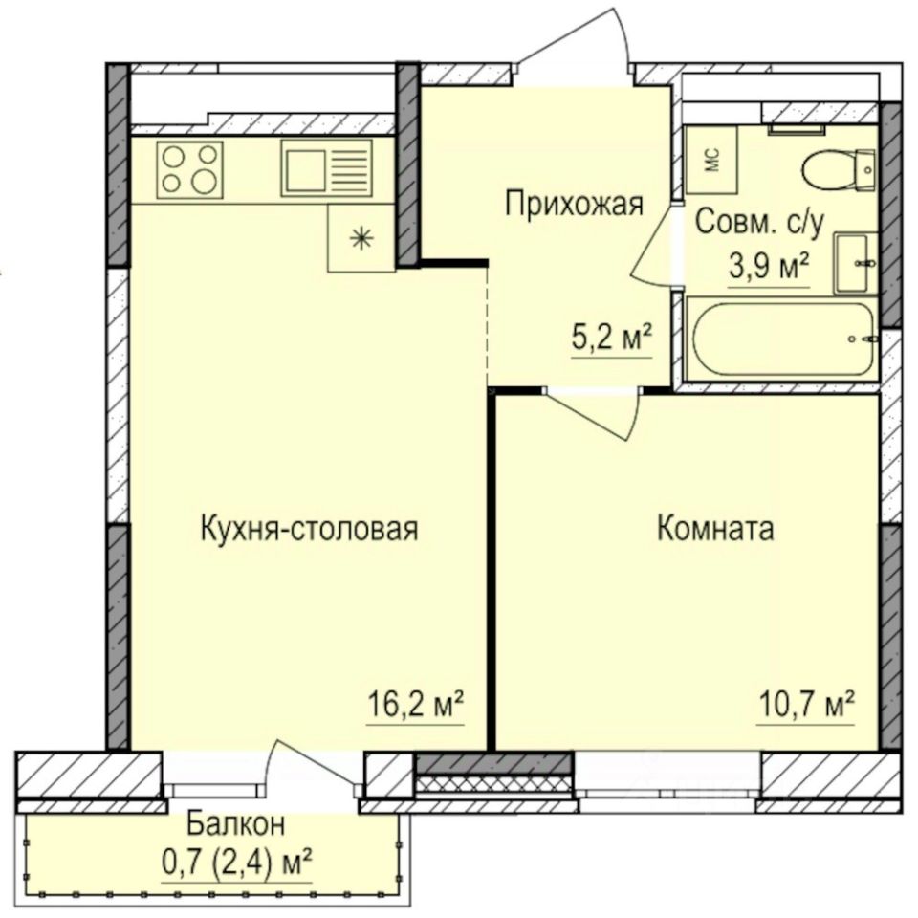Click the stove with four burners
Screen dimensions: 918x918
[x=191, y=169]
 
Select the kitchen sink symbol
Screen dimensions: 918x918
[x=326, y=168]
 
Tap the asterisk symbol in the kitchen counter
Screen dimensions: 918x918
[x=361, y=239]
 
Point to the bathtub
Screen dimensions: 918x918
[x=783, y=339]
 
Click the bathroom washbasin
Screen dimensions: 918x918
[x=853, y=262]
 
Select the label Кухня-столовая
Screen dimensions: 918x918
[x=309, y=528]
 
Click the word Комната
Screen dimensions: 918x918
[x=715, y=528]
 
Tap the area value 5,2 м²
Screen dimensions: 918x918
[x=612, y=338]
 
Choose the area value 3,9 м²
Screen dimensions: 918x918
[x=769, y=265]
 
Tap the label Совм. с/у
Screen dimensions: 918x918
[x=758, y=222]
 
